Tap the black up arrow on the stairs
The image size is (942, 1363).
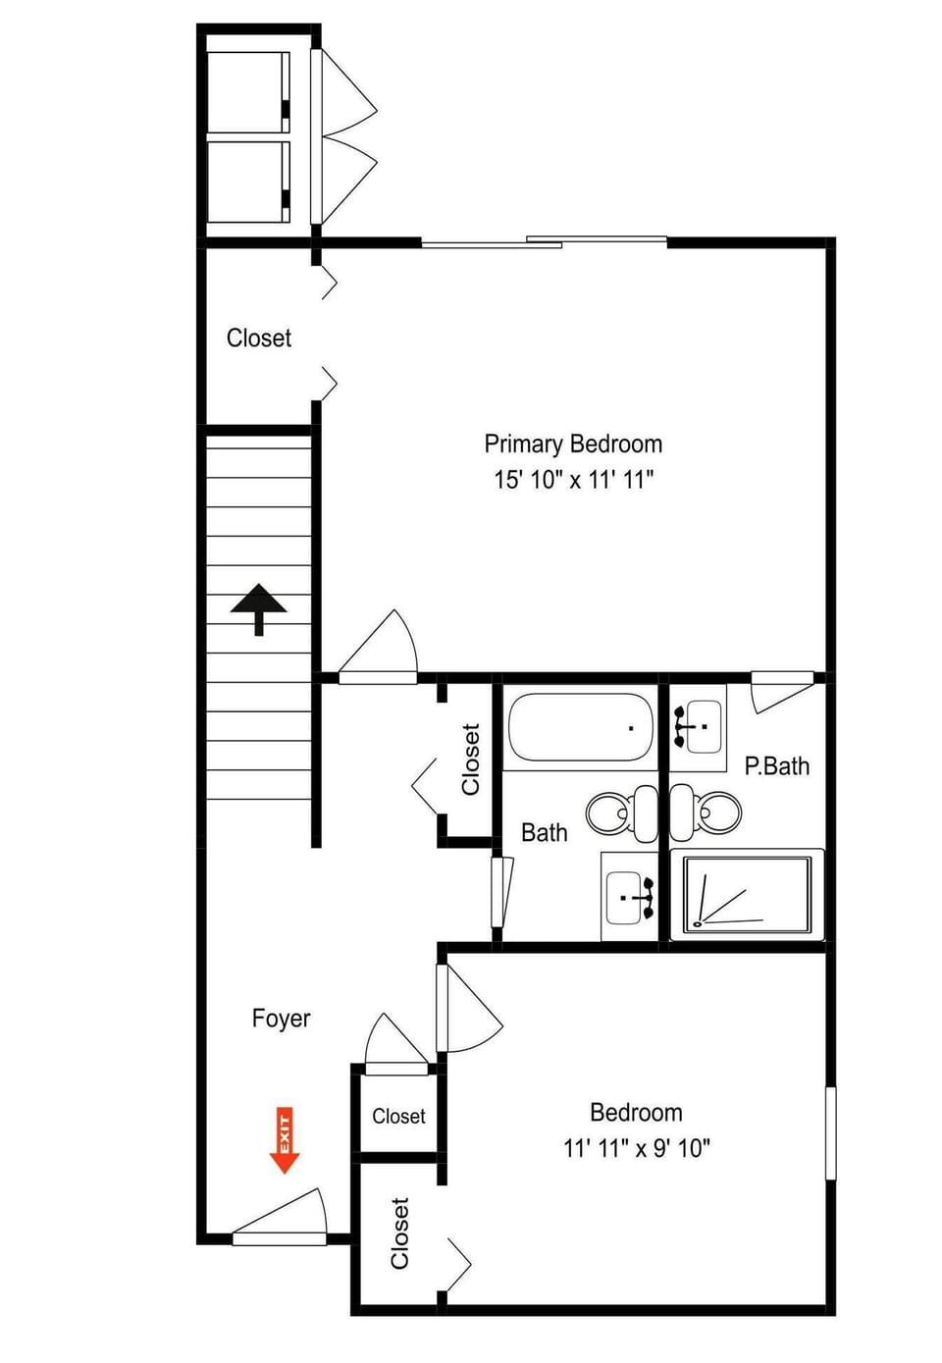259,609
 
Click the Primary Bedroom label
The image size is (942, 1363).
573,445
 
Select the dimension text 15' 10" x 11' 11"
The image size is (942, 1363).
573,480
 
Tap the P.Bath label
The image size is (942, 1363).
777,766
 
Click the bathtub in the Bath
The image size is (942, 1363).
581,727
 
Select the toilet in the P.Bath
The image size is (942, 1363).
706,812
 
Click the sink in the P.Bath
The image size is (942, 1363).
698,726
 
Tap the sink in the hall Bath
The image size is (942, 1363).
630,897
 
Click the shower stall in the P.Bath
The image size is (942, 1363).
748,895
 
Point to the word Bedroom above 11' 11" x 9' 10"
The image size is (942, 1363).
636,1113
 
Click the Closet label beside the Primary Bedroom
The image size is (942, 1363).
259,338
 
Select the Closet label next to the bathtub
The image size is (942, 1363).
471,759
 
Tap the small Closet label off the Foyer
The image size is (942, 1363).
398,1116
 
